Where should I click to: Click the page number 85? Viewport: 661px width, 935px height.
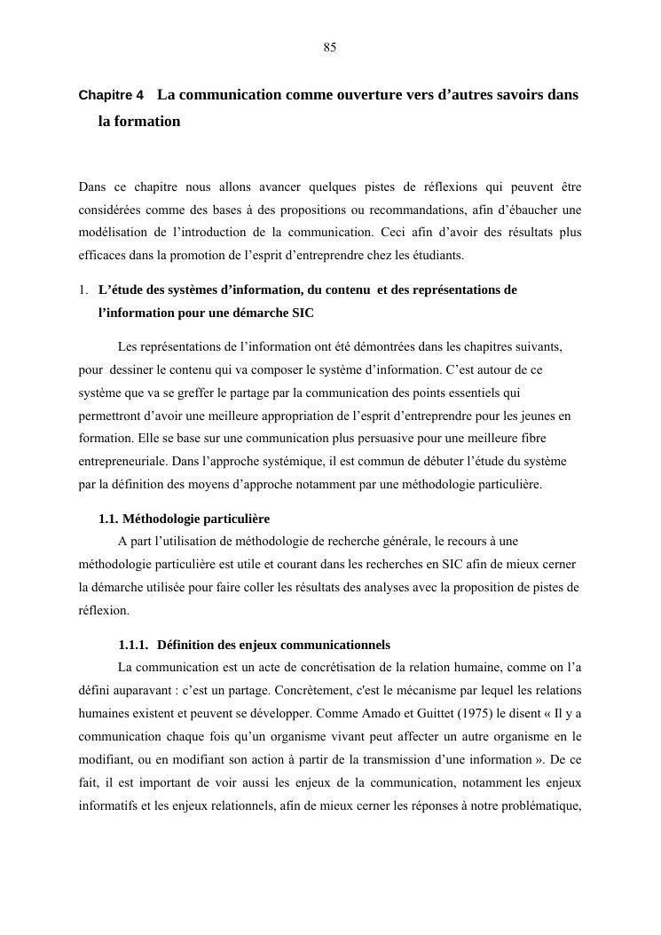pyautogui.click(x=329, y=48)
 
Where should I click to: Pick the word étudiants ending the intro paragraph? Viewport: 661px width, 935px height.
pyautogui.click(x=438, y=256)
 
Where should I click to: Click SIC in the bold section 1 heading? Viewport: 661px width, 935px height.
pyautogui.click(x=302, y=313)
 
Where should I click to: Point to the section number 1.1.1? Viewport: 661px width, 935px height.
pyautogui.click(x=136, y=644)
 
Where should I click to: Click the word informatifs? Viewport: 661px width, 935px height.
pyautogui.click(x=109, y=782)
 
